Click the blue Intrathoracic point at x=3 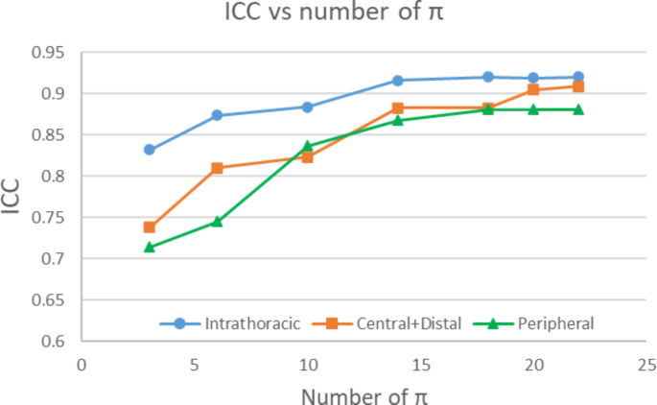tap(150, 150)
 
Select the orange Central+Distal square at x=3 tap(150, 227)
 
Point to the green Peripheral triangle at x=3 tap(150, 247)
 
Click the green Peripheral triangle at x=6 tap(217, 222)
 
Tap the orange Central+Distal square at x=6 tap(217, 168)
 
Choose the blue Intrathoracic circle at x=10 tap(308, 107)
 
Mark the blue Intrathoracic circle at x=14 tap(398, 81)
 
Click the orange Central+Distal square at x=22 tap(578, 86)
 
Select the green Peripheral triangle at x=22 tap(578, 109)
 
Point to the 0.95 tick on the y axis tap(48, 53)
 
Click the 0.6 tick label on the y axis tap(52, 342)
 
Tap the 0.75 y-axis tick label tap(48, 218)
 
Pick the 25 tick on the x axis tap(646, 365)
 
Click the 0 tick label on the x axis tap(82, 365)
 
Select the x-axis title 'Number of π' tap(361, 393)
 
